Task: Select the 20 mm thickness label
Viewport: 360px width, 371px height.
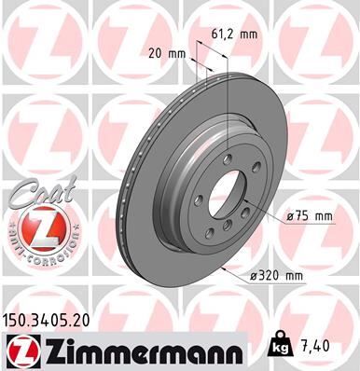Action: tap(166, 54)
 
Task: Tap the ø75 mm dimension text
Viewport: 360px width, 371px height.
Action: tap(310, 216)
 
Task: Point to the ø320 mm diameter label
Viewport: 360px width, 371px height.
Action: tap(276, 276)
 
